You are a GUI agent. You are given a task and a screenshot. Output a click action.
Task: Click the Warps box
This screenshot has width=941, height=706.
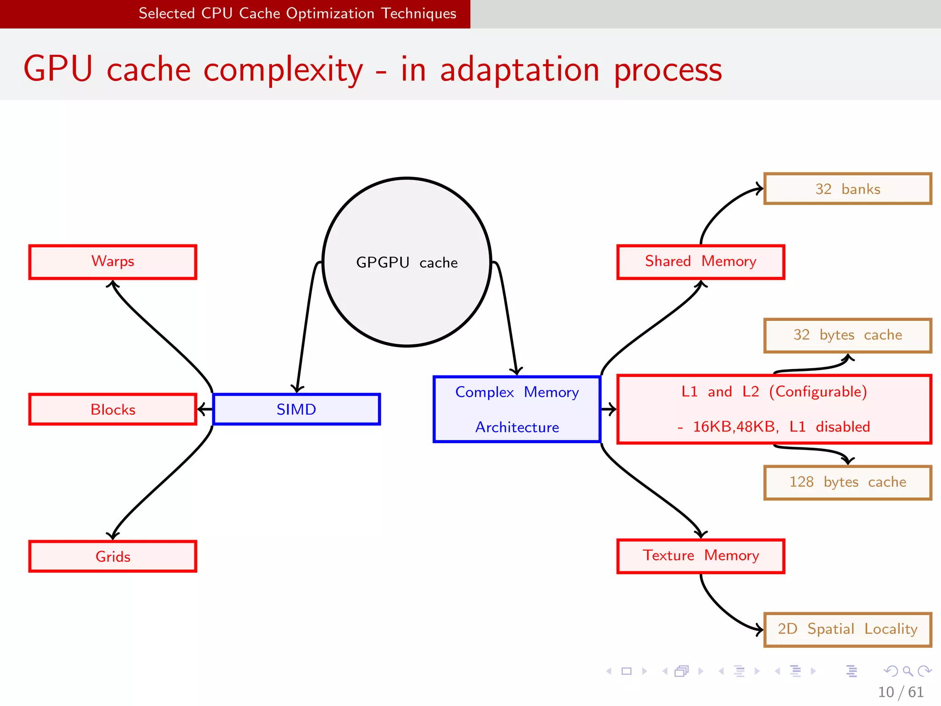[x=113, y=262]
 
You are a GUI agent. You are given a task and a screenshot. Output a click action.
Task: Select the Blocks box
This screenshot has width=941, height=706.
[x=113, y=409]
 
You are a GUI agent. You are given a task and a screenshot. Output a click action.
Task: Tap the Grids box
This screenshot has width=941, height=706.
[x=113, y=556]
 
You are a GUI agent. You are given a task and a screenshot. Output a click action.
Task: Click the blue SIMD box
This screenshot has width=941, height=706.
[x=296, y=409]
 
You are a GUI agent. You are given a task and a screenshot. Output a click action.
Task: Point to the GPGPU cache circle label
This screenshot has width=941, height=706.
[x=407, y=262]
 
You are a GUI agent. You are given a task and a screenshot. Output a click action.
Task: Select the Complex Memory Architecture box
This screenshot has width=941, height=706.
[x=517, y=409]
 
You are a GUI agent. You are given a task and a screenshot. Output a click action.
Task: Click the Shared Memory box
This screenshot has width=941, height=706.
[x=700, y=262]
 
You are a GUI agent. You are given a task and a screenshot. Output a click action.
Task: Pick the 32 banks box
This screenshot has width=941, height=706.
[x=847, y=189]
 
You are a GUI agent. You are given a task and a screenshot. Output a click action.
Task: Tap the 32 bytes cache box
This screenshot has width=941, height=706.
[x=847, y=335]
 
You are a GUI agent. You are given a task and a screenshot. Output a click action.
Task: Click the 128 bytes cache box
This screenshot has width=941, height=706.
[x=847, y=482]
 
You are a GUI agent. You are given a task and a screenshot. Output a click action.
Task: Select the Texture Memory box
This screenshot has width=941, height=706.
[x=700, y=556]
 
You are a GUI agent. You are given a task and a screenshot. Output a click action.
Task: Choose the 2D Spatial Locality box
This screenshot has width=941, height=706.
[x=847, y=629]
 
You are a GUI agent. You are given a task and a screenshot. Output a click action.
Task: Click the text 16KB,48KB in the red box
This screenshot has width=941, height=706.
[x=735, y=427]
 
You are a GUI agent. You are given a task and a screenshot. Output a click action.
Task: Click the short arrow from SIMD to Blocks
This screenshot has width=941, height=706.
[x=205, y=409]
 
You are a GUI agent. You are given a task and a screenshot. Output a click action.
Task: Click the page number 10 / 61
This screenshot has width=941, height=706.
[x=901, y=692]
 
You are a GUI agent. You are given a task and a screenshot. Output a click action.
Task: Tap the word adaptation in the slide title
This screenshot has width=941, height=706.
[x=519, y=70]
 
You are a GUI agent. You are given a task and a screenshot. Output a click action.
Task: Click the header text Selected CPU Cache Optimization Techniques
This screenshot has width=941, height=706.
[x=297, y=13]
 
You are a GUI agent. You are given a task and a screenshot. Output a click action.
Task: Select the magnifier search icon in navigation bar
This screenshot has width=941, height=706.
[x=907, y=671]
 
